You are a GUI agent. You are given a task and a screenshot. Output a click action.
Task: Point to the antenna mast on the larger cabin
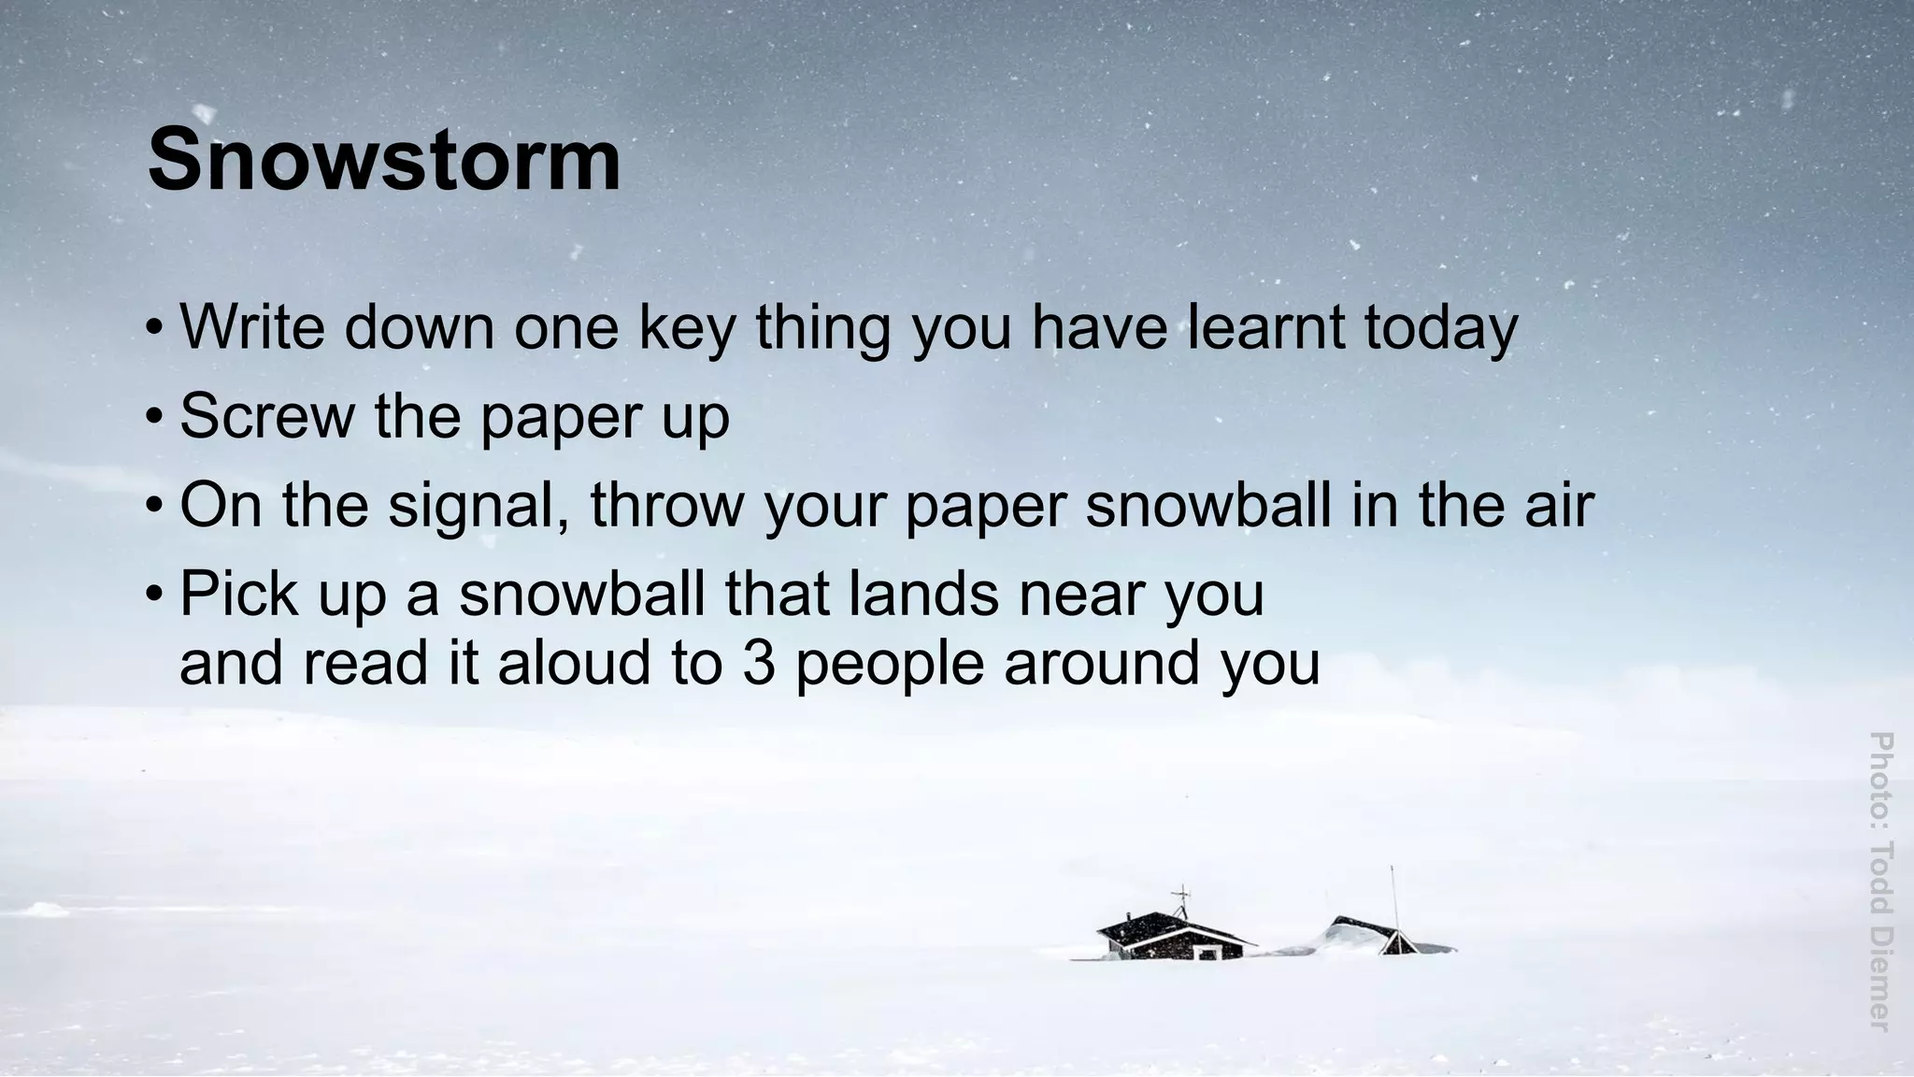point(1182,901)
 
